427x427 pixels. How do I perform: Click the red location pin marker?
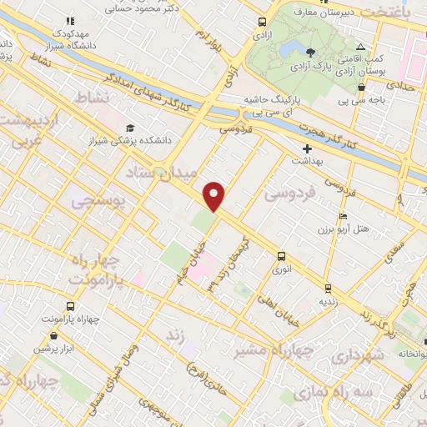click(215, 195)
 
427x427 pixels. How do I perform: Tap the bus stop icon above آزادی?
click(263, 23)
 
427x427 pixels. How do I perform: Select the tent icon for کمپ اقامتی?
click(360, 47)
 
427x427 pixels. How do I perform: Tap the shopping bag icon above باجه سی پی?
click(360, 86)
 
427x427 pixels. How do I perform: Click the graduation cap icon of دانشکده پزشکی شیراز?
click(130, 128)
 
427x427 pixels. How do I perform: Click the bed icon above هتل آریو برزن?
click(342, 217)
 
